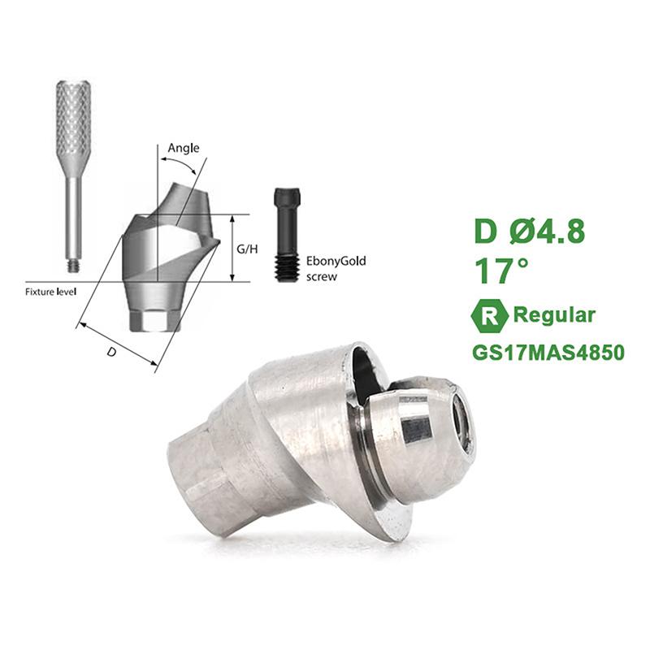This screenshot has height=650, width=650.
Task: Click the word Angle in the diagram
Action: point(184,149)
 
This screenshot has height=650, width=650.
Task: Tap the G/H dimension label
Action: point(247,249)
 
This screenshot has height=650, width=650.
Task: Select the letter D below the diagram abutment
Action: point(111,352)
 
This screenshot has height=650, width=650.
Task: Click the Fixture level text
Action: point(50,292)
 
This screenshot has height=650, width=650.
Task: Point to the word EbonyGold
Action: point(336,262)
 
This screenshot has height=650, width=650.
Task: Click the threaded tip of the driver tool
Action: point(74,266)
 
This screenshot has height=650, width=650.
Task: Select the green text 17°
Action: point(501,271)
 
